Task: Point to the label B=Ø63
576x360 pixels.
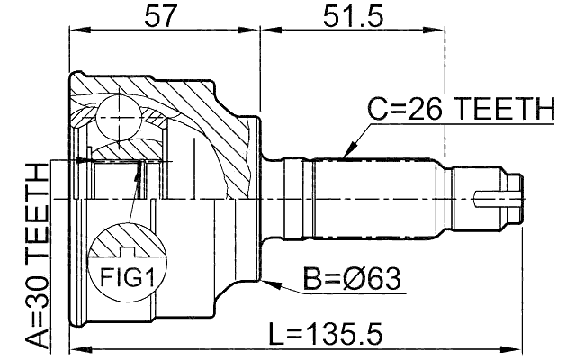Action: coord(351,281)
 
